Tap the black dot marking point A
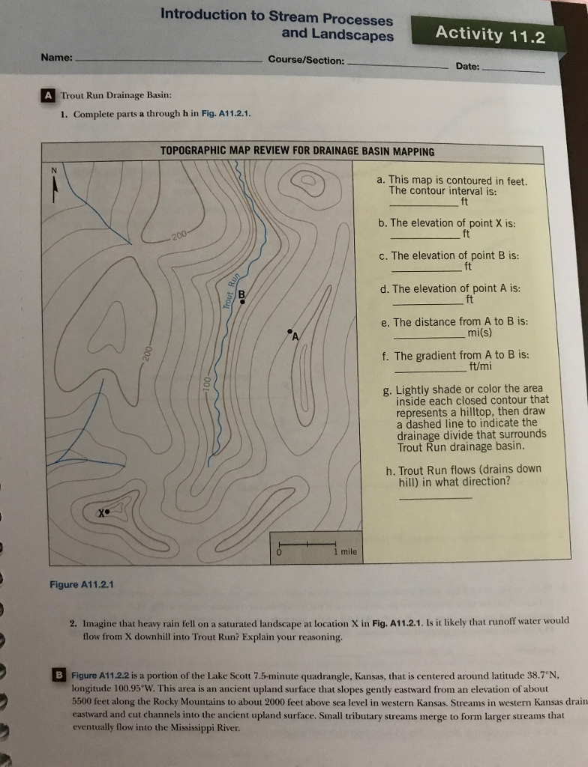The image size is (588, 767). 289,330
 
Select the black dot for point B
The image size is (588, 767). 241,302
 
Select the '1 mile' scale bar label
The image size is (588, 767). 345,552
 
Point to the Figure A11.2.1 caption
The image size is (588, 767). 81,584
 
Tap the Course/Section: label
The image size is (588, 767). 306,60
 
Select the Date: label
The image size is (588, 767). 467,67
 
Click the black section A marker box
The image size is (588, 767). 48,96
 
